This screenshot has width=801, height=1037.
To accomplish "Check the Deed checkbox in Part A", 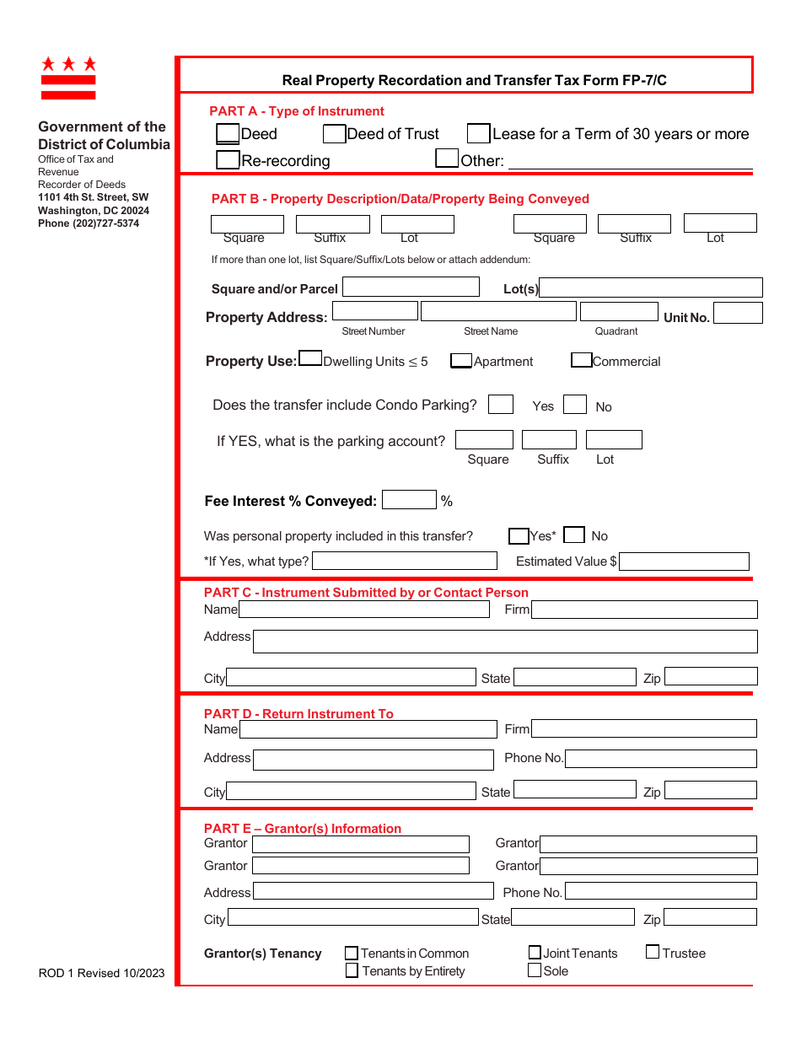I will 228,133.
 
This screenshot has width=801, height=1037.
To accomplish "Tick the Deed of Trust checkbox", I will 334,133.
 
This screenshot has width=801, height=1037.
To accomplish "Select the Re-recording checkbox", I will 228,159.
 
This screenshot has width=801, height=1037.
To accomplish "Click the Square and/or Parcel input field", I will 411,287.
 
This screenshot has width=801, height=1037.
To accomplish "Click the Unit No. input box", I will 738,313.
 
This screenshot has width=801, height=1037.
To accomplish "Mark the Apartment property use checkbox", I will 461,361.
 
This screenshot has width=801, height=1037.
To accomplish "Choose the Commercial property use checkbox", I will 581,360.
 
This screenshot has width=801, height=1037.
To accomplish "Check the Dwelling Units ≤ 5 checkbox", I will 310,358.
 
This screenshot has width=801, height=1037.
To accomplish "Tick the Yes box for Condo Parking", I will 501,405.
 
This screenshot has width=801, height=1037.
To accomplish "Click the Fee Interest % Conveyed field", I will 409,500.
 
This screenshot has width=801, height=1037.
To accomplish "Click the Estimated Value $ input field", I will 684,561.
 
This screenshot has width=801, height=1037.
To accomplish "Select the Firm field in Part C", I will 644,610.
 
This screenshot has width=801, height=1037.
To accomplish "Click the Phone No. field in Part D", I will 661,759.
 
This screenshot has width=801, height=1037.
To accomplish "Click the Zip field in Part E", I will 710,917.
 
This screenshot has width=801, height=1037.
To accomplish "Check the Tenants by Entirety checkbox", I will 352,971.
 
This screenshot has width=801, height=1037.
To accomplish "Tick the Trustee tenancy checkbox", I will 653,953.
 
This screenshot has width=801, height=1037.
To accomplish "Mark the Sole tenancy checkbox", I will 535,970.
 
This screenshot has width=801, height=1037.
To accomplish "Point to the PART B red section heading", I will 400,199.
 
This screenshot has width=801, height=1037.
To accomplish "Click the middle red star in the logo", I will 68,64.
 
